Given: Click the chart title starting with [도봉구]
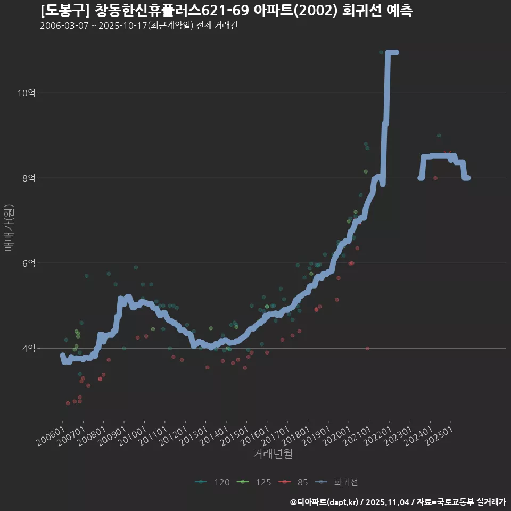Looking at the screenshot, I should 226,11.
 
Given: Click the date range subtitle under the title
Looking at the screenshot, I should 138,26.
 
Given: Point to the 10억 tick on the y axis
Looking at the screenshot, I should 26,93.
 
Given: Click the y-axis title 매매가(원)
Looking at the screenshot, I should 9,227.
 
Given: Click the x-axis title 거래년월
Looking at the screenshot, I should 273,454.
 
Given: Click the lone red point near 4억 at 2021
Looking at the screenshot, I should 367,348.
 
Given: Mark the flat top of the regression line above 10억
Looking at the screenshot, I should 392,52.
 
